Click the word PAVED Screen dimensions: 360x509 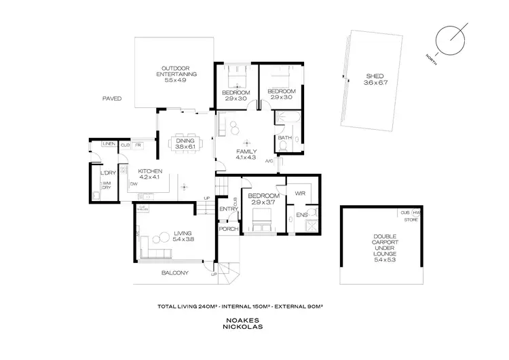click(x=112, y=98)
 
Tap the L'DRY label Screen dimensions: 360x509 click(x=106, y=173)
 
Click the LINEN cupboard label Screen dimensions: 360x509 click(x=108, y=145)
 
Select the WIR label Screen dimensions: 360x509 click(x=300, y=193)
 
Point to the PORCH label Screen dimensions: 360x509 click(x=225, y=229)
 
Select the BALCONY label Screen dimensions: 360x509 click(x=174, y=273)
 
